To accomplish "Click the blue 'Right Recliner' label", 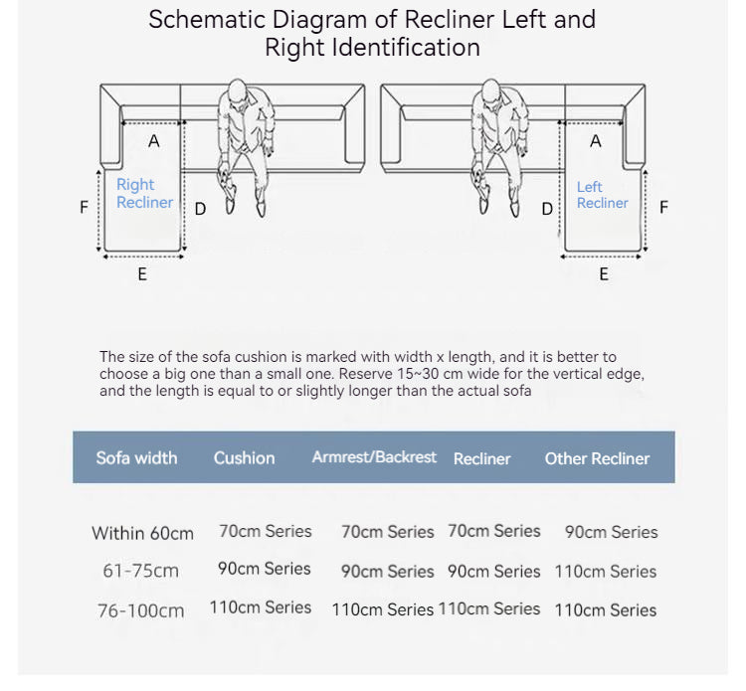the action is coord(144,193).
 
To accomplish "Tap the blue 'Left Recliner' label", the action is coord(603,195).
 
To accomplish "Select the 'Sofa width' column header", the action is coord(136,458).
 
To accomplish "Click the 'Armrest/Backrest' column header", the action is coord(374,457).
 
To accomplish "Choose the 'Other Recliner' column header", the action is coord(597,459).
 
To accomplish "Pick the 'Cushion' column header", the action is coord(244,458).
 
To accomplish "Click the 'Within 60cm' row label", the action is coord(142,534).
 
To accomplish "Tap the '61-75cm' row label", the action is coord(141,571).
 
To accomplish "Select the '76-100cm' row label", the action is coord(141,611).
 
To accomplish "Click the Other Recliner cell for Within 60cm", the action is coord(612,532).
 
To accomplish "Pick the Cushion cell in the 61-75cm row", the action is coord(264,569).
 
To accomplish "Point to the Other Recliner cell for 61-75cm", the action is coord(606,572).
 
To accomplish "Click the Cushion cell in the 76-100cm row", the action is coord(261,607).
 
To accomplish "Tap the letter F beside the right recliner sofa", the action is coord(85,208).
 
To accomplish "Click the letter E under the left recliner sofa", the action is coord(604,274).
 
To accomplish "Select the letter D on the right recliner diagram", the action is coord(200,209).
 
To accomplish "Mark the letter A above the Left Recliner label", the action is coord(596,141).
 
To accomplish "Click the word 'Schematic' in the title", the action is coord(207,20).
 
